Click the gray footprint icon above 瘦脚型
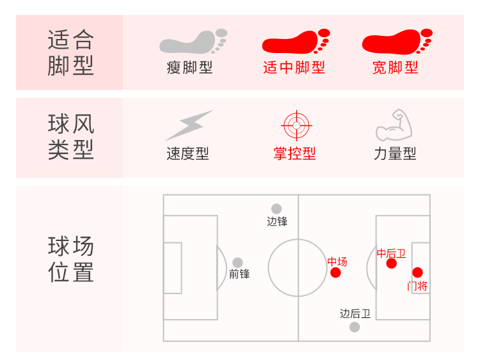click(192, 42)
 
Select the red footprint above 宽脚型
click(396, 42)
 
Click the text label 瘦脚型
click(189, 68)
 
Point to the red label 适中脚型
click(294, 68)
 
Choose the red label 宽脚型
click(396, 68)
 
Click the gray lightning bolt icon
click(189, 125)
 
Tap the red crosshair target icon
click(295, 125)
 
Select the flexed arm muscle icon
click(393, 125)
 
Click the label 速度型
click(188, 153)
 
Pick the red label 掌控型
click(294, 153)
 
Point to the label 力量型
click(395, 153)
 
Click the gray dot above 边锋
click(276, 208)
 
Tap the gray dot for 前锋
click(237, 262)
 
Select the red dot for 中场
click(335, 273)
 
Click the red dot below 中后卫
click(392, 263)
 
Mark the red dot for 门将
click(417, 272)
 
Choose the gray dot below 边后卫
click(355, 327)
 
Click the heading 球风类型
click(70, 137)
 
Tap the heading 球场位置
click(70, 259)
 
